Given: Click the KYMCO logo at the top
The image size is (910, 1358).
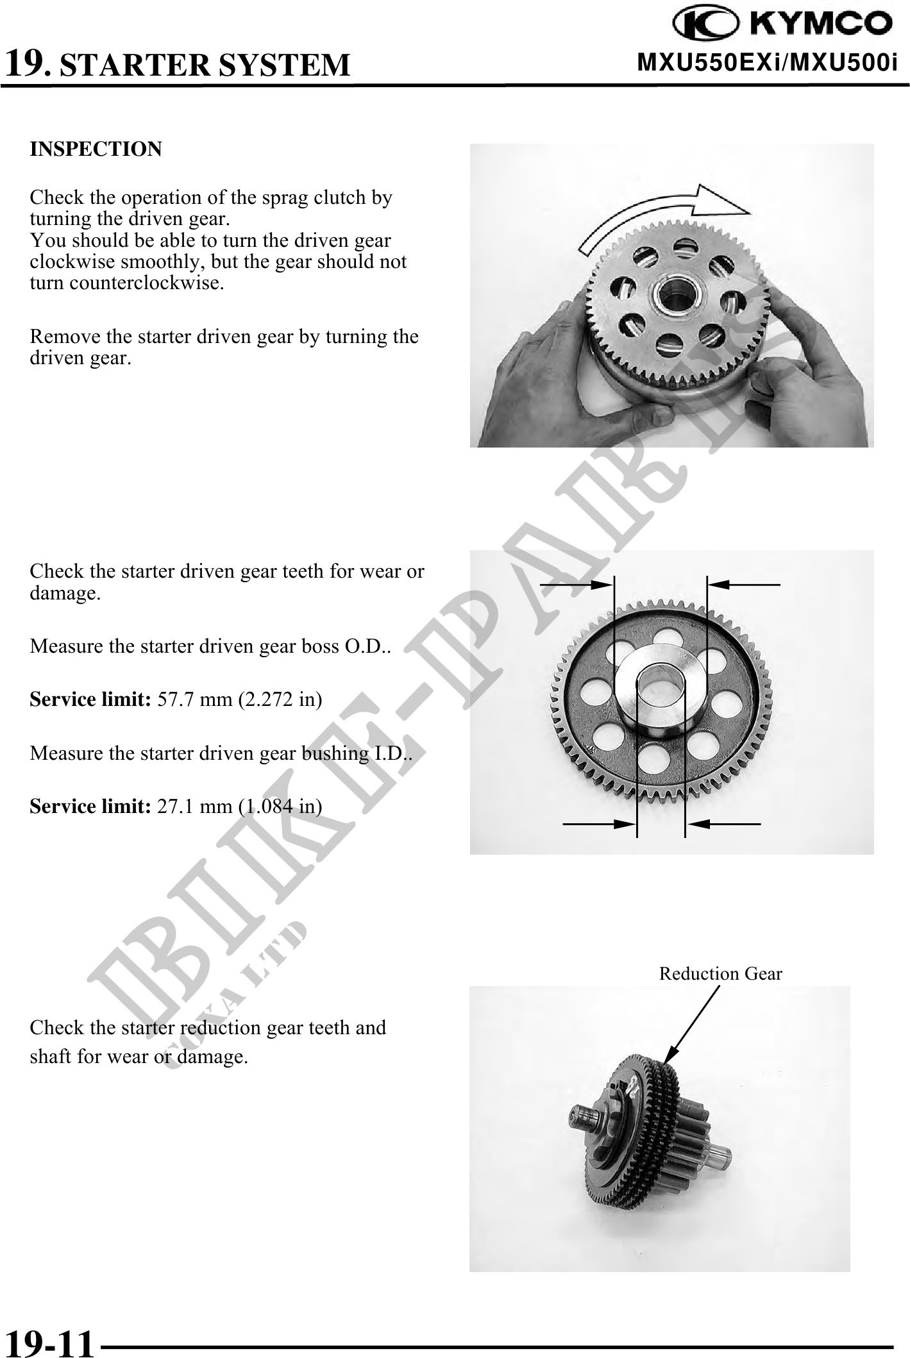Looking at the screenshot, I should click(x=782, y=24).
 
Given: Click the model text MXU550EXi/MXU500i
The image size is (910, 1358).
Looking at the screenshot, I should click(x=767, y=63).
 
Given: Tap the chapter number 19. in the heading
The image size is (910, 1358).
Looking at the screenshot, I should click(x=26, y=63).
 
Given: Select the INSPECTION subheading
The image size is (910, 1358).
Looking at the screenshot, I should click(x=96, y=149).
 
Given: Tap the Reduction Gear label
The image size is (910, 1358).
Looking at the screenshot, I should click(x=720, y=974).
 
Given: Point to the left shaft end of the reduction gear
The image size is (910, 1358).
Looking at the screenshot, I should click(x=580, y=1116).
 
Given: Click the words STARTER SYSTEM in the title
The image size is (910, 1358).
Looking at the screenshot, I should click(x=205, y=65).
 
